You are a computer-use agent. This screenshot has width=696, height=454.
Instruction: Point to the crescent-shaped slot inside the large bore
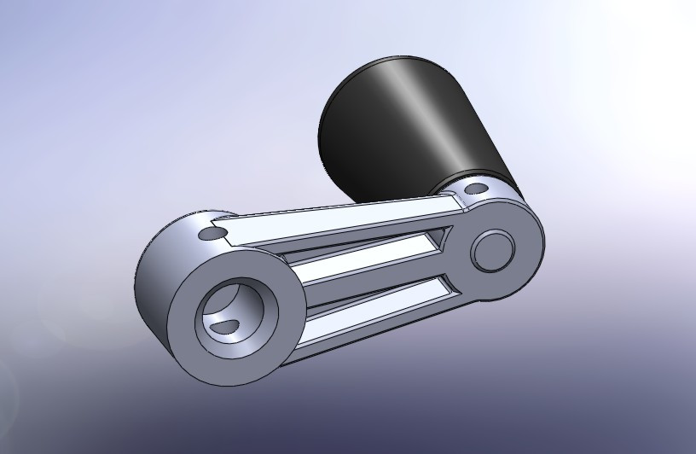[226, 325]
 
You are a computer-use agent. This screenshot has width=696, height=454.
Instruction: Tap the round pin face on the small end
[492, 250]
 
